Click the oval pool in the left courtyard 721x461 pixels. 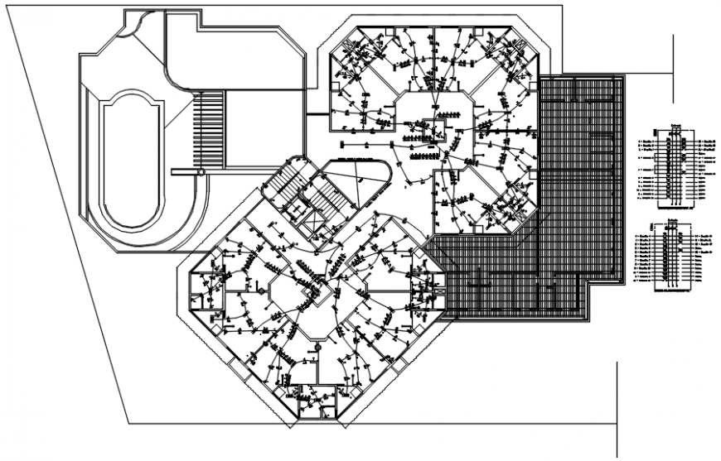click(x=128, y=161)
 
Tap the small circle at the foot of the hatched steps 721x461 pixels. click(x=201, y=171)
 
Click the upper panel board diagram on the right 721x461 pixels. click(x=671, y=166)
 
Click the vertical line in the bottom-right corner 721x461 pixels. click(x=617, y=406)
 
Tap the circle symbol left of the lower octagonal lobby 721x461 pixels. click(x=259, y=292)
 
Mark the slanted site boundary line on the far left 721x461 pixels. click(x=66, y=207)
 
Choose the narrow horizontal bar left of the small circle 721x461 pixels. click(x=184, y=171)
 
